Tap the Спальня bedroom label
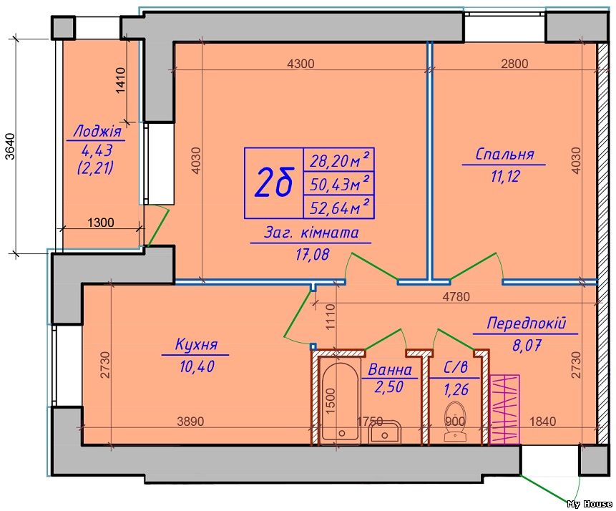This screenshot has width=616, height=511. [x=505, y=154]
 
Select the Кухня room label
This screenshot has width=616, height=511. [x=195, y=345]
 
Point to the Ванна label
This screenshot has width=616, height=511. [x=389, y=370]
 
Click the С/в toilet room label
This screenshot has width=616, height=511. [x=455, y=370]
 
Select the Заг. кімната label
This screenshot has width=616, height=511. [x=310, y=233]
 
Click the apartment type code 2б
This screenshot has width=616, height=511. [x=275, y=183]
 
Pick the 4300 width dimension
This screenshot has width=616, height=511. [x=300, y=64]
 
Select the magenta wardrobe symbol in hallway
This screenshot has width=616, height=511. [x=505, y=410]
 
